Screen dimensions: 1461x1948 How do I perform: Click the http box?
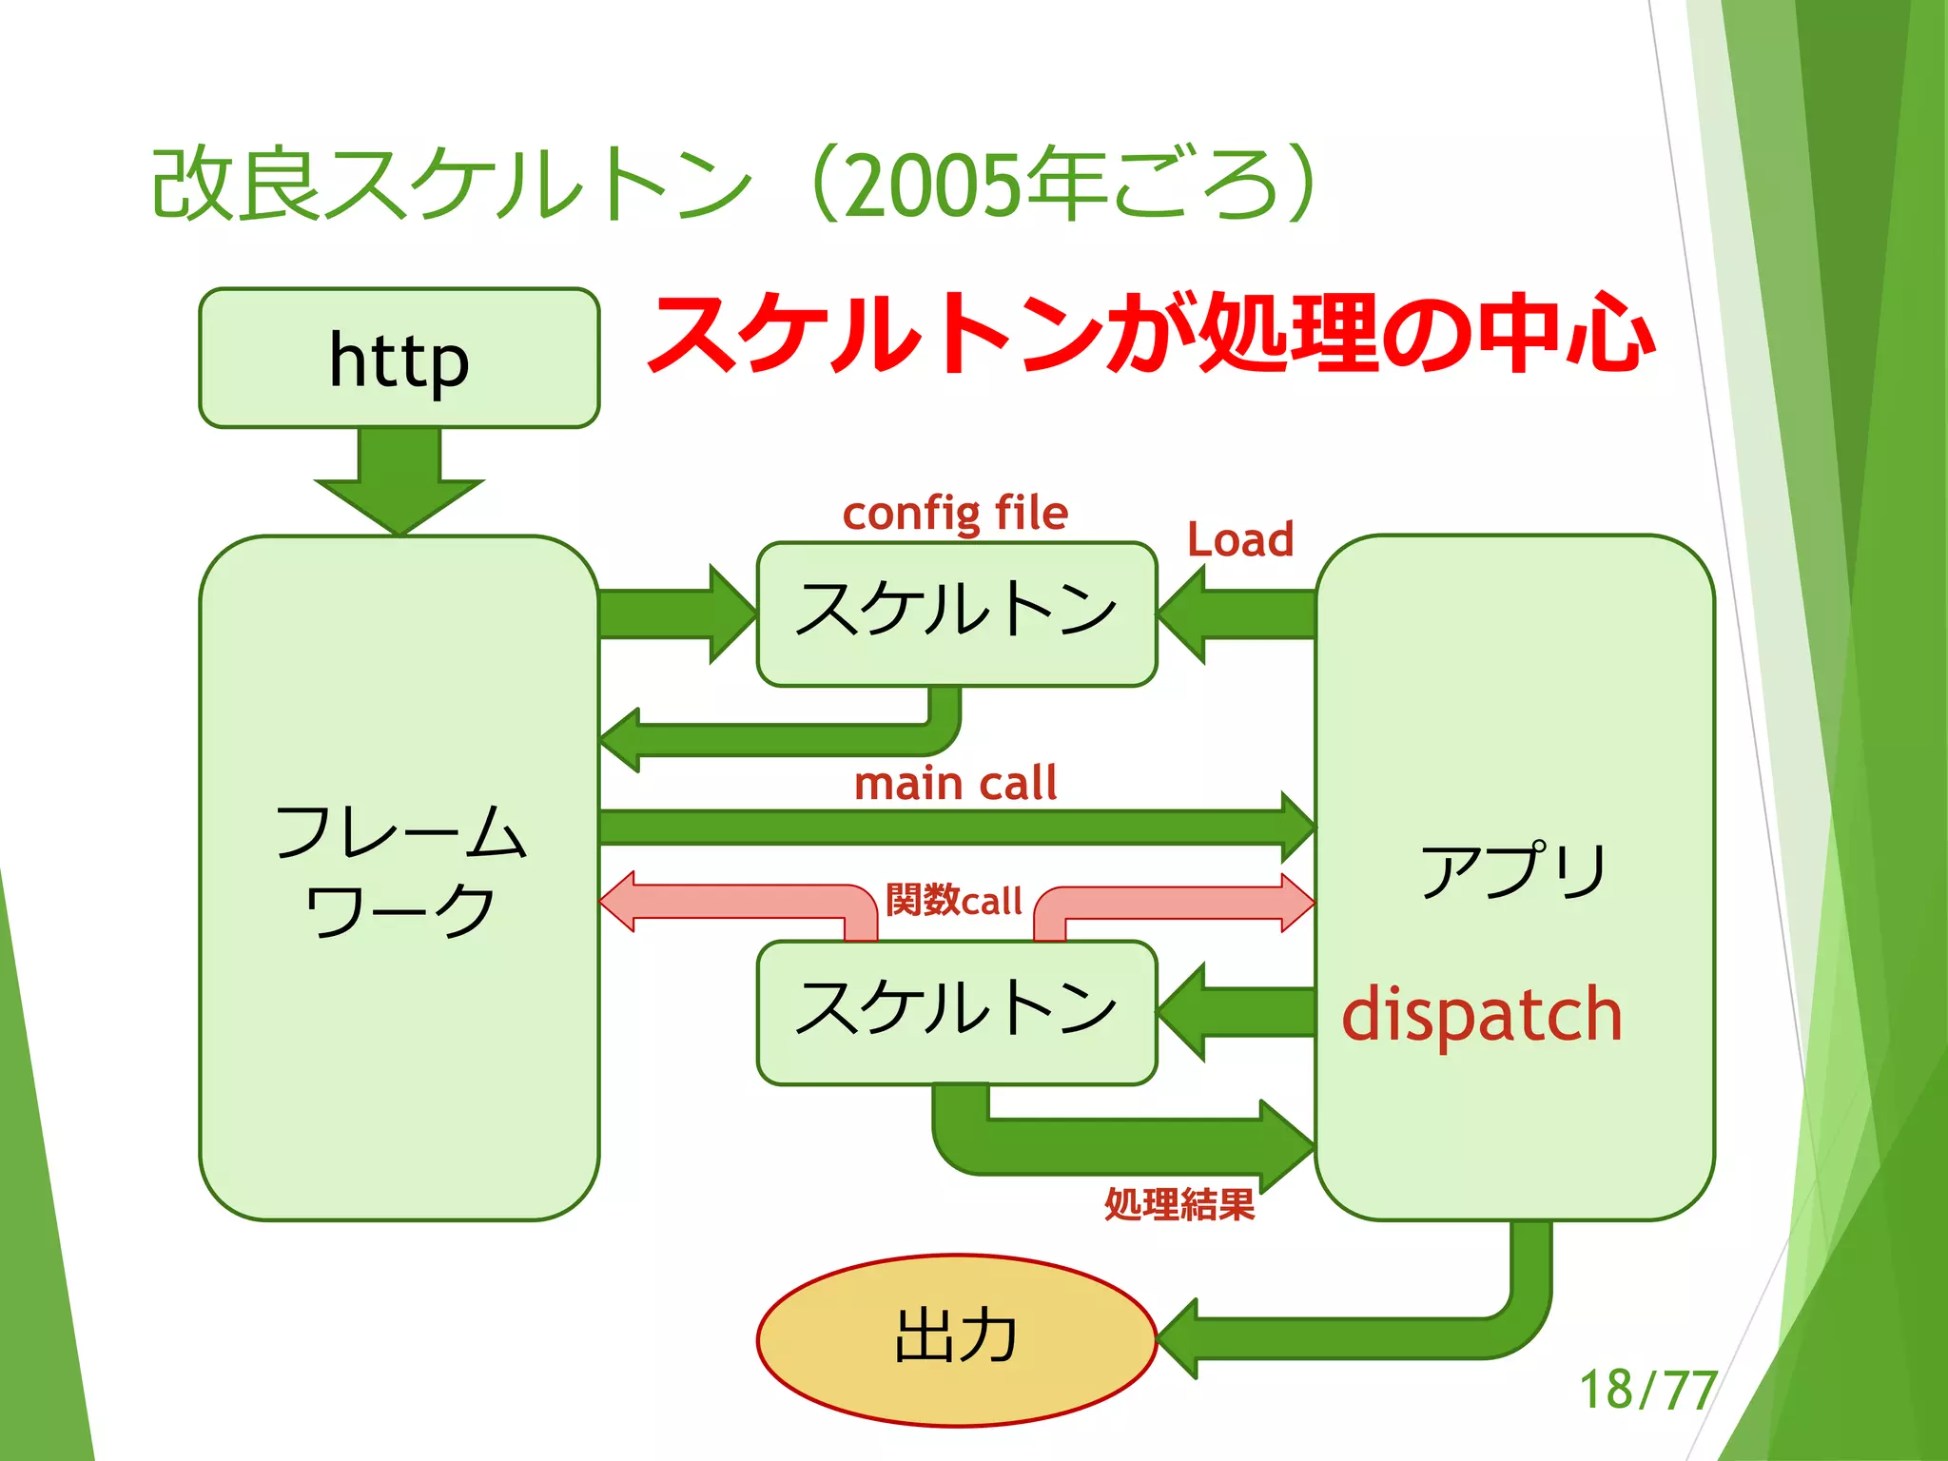399,359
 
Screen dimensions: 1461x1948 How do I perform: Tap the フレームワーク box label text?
399,869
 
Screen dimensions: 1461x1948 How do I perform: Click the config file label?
955,514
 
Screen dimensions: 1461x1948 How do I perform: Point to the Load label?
1240,539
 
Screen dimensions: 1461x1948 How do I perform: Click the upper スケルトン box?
956,614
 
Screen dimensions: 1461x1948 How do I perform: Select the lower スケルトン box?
956,1011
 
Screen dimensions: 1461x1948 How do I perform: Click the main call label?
955,784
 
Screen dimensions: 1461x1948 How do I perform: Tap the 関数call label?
953,900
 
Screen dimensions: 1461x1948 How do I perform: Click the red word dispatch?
1481,1015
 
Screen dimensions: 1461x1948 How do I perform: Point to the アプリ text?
1512,870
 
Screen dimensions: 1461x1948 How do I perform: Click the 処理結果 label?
1179,1204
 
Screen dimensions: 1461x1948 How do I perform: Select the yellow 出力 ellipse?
956,1339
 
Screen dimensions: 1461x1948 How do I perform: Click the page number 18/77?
1647,1390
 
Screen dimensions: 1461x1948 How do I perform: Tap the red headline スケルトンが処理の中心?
1151,334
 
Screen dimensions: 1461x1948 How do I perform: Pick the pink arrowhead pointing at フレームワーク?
618,902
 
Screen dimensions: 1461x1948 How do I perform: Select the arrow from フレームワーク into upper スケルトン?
675,614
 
